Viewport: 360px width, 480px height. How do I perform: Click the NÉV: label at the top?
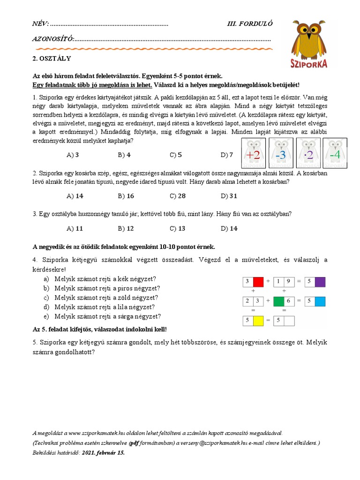[x=40, y=24]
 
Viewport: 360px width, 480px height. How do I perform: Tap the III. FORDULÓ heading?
[x=249, y=24]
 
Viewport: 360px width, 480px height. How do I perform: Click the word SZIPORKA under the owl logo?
[x=308, y=63]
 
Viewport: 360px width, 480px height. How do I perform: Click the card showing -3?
[x=281, y=153]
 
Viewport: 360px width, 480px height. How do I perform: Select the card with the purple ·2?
[x=308, y=153]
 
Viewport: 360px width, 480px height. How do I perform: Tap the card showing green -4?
[x=334, y=153]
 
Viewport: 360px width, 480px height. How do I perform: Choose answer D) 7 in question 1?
[x=227, y=155]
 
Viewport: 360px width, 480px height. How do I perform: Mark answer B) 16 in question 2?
[x=126, y=196]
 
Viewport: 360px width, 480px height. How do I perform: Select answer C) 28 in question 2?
[x=178, y=196]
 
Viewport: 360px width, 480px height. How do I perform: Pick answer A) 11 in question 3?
[x=75, y=228]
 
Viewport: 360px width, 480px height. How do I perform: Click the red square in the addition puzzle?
[x=258, y=282]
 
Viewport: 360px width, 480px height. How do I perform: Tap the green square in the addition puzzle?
[x=278, y=301]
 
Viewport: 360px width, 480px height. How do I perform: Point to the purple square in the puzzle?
[x=320, y=282]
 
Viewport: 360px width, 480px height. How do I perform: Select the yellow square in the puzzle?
[x=258, y=321]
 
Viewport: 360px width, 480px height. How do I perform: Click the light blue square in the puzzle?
[x=320, y=301]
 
